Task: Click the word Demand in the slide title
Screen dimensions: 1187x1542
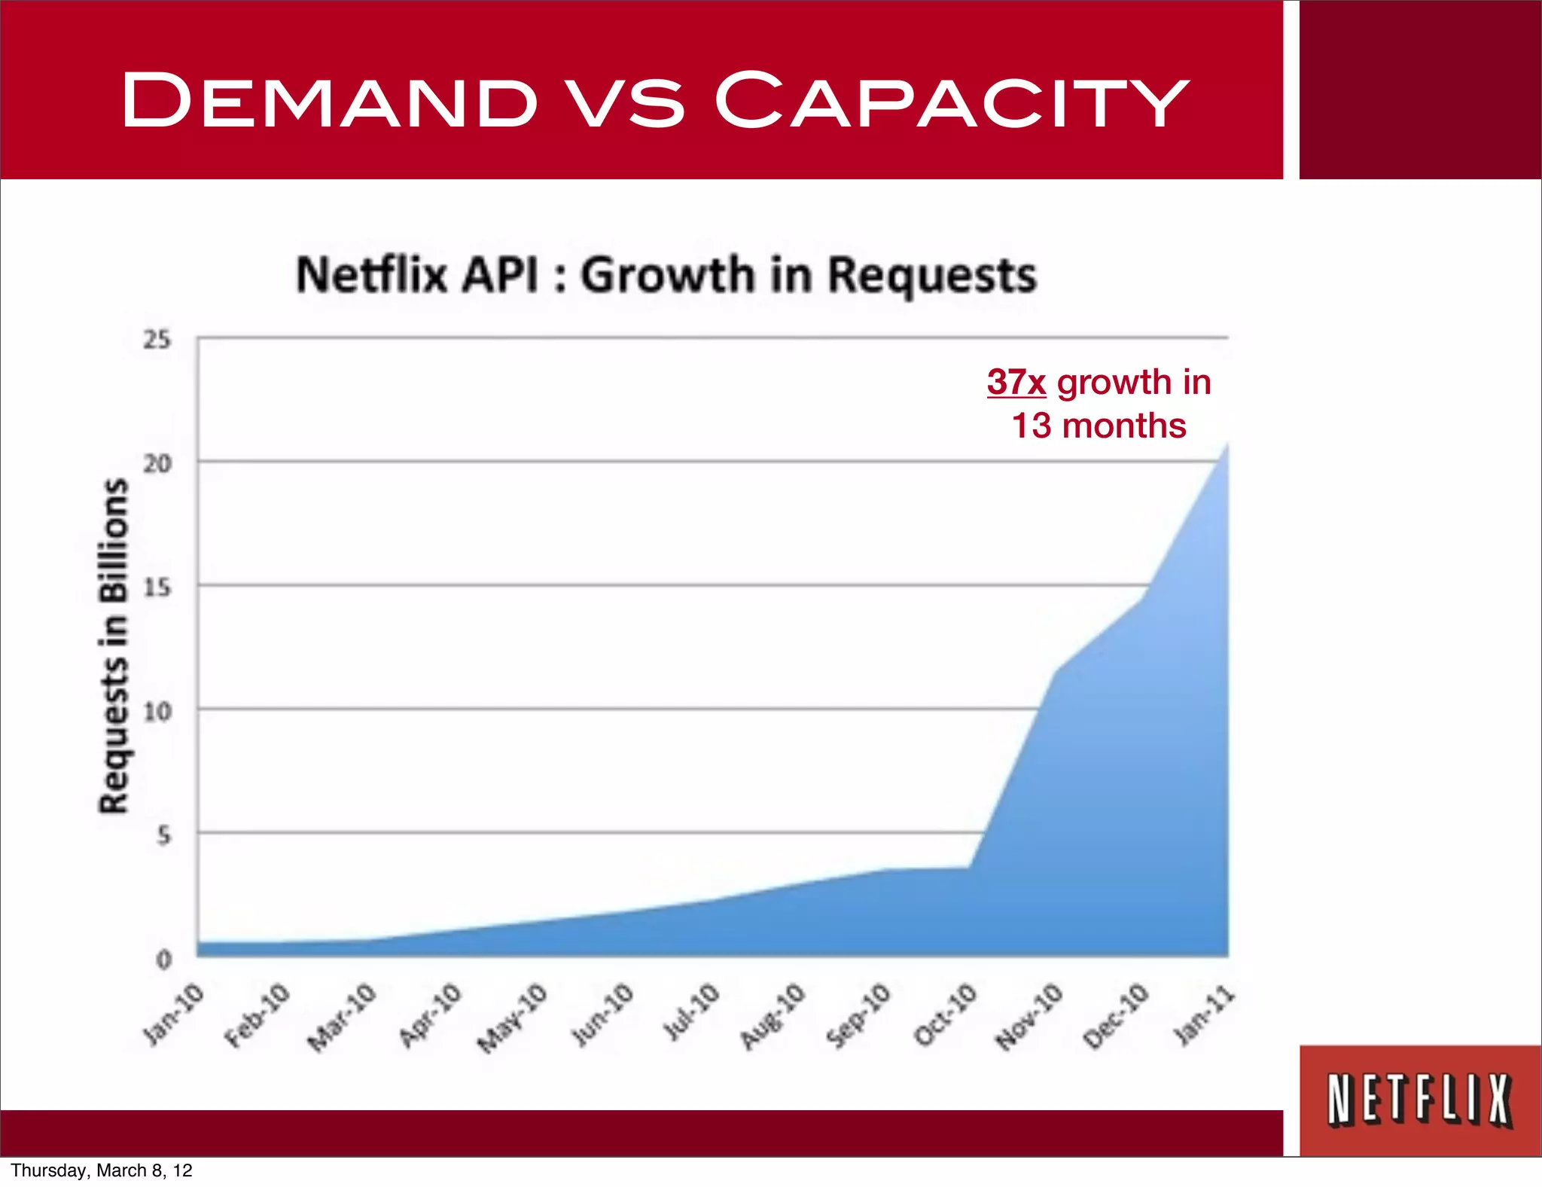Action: tap(329, 100)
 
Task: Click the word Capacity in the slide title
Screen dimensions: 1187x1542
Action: tap(951, 100)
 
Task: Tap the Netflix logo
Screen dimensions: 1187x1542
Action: tap(1419, 1100)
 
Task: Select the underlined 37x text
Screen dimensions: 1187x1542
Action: tap(1016, 383)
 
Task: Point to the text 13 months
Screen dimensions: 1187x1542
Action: tap(1099, 426)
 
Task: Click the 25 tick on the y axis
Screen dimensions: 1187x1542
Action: tap(157, 340)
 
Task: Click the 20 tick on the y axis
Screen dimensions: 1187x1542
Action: tap(157, 463)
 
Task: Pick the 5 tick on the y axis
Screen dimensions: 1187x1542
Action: tap(163, 835)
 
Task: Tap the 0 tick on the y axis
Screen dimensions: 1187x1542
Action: tap(163, 960)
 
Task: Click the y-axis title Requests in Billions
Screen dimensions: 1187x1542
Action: tap(114, 646)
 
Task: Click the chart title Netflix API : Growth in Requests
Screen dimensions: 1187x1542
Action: tap(666, 275)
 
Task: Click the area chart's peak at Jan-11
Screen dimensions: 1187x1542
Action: tap(1227, 446)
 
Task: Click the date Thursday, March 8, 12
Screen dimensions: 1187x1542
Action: tap(102, 1170)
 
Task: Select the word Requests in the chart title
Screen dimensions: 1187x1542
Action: tap(932, 276)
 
